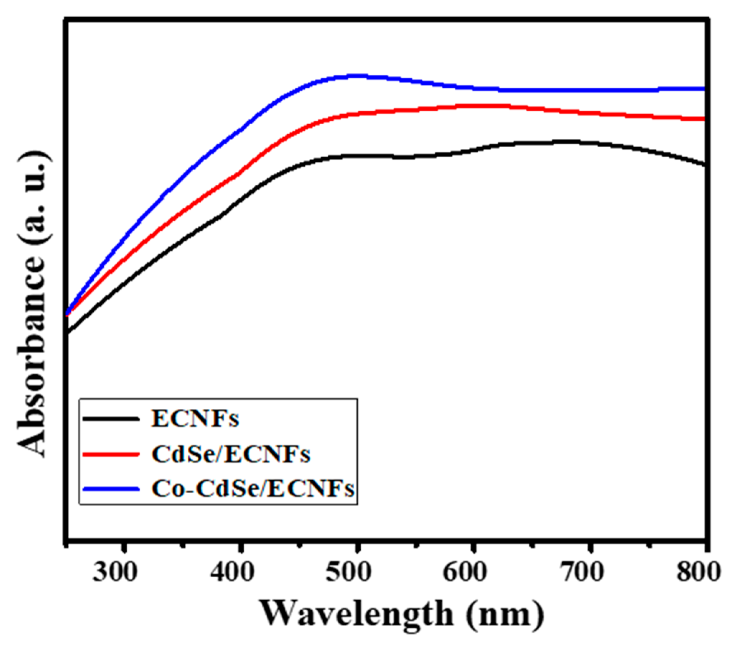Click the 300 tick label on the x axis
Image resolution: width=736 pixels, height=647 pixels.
pos(115,572)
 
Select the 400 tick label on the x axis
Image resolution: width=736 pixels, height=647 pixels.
pos(232,572)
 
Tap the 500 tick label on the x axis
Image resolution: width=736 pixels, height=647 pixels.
pos(348,572)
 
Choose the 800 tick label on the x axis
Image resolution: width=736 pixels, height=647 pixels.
pos(698,572)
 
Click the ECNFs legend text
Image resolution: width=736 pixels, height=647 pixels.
pos(195,419)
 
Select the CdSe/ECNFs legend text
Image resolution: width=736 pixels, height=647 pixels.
pos(231,454)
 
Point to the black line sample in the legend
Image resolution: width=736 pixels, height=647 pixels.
pos(111,419)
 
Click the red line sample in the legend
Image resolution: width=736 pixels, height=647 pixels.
pos(111,454)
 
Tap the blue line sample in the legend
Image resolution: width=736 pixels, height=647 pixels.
pos(111,489)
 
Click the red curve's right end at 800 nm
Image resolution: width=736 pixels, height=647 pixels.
pos(703,119)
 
